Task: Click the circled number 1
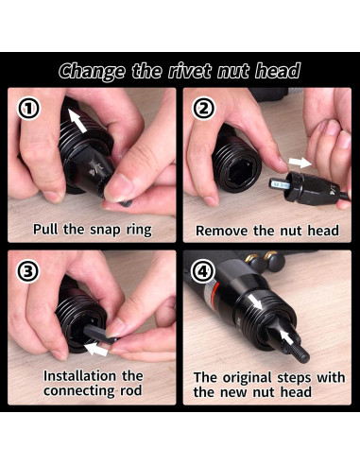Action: [28, 108]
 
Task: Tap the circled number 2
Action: [204, 108]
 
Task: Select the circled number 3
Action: [28, 271]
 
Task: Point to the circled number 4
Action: [203, 270]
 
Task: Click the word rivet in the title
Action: [190, 71]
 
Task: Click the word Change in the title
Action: [92, 71]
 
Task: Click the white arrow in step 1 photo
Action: [77, 121]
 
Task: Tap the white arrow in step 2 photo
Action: [300, 163]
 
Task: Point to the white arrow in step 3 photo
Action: [96, 349]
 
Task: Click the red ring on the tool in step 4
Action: [214, 288]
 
